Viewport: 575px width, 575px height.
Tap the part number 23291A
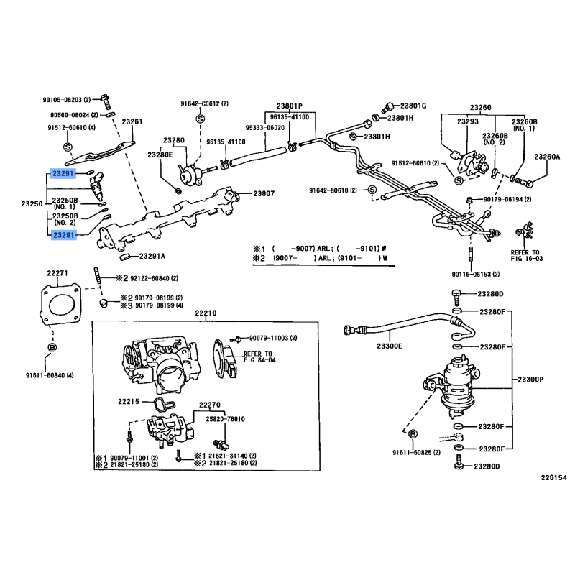pyautogui.click(x=152, y=256)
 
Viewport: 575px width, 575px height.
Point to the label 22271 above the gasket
pyautogui.click(x=57, y=272)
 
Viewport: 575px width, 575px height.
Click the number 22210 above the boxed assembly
pyautogui.click(x=205, y=313)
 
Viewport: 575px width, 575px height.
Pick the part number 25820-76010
pyautogui.click(x=227, y=418)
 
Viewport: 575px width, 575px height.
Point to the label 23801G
pyautogui.click(x=413, y=106)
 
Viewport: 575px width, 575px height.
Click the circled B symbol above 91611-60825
pyautogui.click(x=413, y=435)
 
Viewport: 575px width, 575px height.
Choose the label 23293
pyautogui.click(x=468, y=122)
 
